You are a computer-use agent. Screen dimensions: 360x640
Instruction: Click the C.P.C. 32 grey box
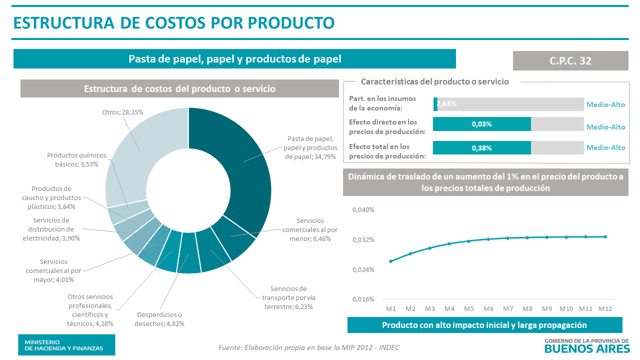[570, 60]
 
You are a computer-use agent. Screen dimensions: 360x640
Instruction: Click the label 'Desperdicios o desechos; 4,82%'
[159, 319]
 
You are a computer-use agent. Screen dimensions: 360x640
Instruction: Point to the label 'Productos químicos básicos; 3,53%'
[76, 159]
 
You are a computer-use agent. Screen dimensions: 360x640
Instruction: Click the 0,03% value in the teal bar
[481, 124]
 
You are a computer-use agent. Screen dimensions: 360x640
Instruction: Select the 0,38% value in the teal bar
[481, 148]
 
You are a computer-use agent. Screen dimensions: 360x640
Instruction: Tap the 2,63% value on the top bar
[446, 104]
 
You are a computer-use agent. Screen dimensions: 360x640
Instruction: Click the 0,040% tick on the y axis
[363, 210]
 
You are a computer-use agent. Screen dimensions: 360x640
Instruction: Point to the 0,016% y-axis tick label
[363, 299]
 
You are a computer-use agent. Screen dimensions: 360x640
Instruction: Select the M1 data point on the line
[390, 261]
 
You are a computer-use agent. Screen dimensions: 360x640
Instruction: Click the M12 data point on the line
[605, 236]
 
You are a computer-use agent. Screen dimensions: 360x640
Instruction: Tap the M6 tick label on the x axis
[488, 309]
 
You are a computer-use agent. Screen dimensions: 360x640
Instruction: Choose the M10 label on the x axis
[566, 309]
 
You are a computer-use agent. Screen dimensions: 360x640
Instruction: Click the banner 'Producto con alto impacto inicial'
[484, 325]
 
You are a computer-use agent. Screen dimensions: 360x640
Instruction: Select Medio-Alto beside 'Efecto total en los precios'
[606, 147]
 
